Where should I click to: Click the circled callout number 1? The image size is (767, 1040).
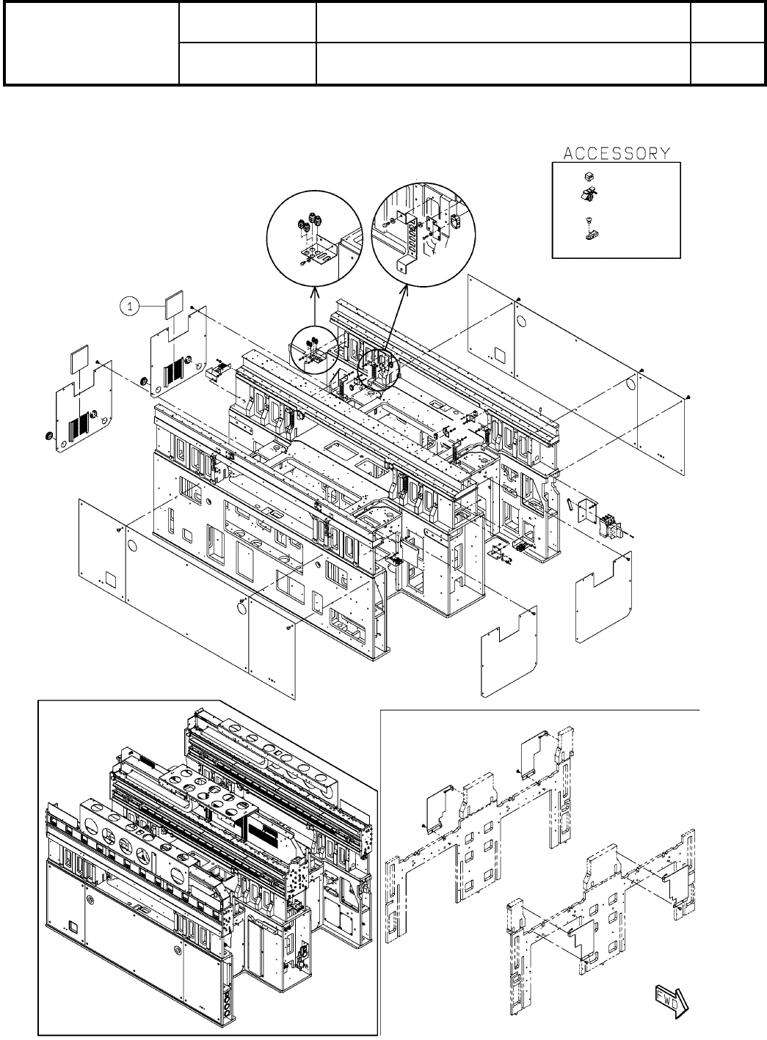129,307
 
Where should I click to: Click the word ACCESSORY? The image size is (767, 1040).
617,153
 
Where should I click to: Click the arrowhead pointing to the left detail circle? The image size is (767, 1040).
314,292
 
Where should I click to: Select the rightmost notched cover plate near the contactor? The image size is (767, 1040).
603,587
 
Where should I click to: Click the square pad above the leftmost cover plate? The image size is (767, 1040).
78,359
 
